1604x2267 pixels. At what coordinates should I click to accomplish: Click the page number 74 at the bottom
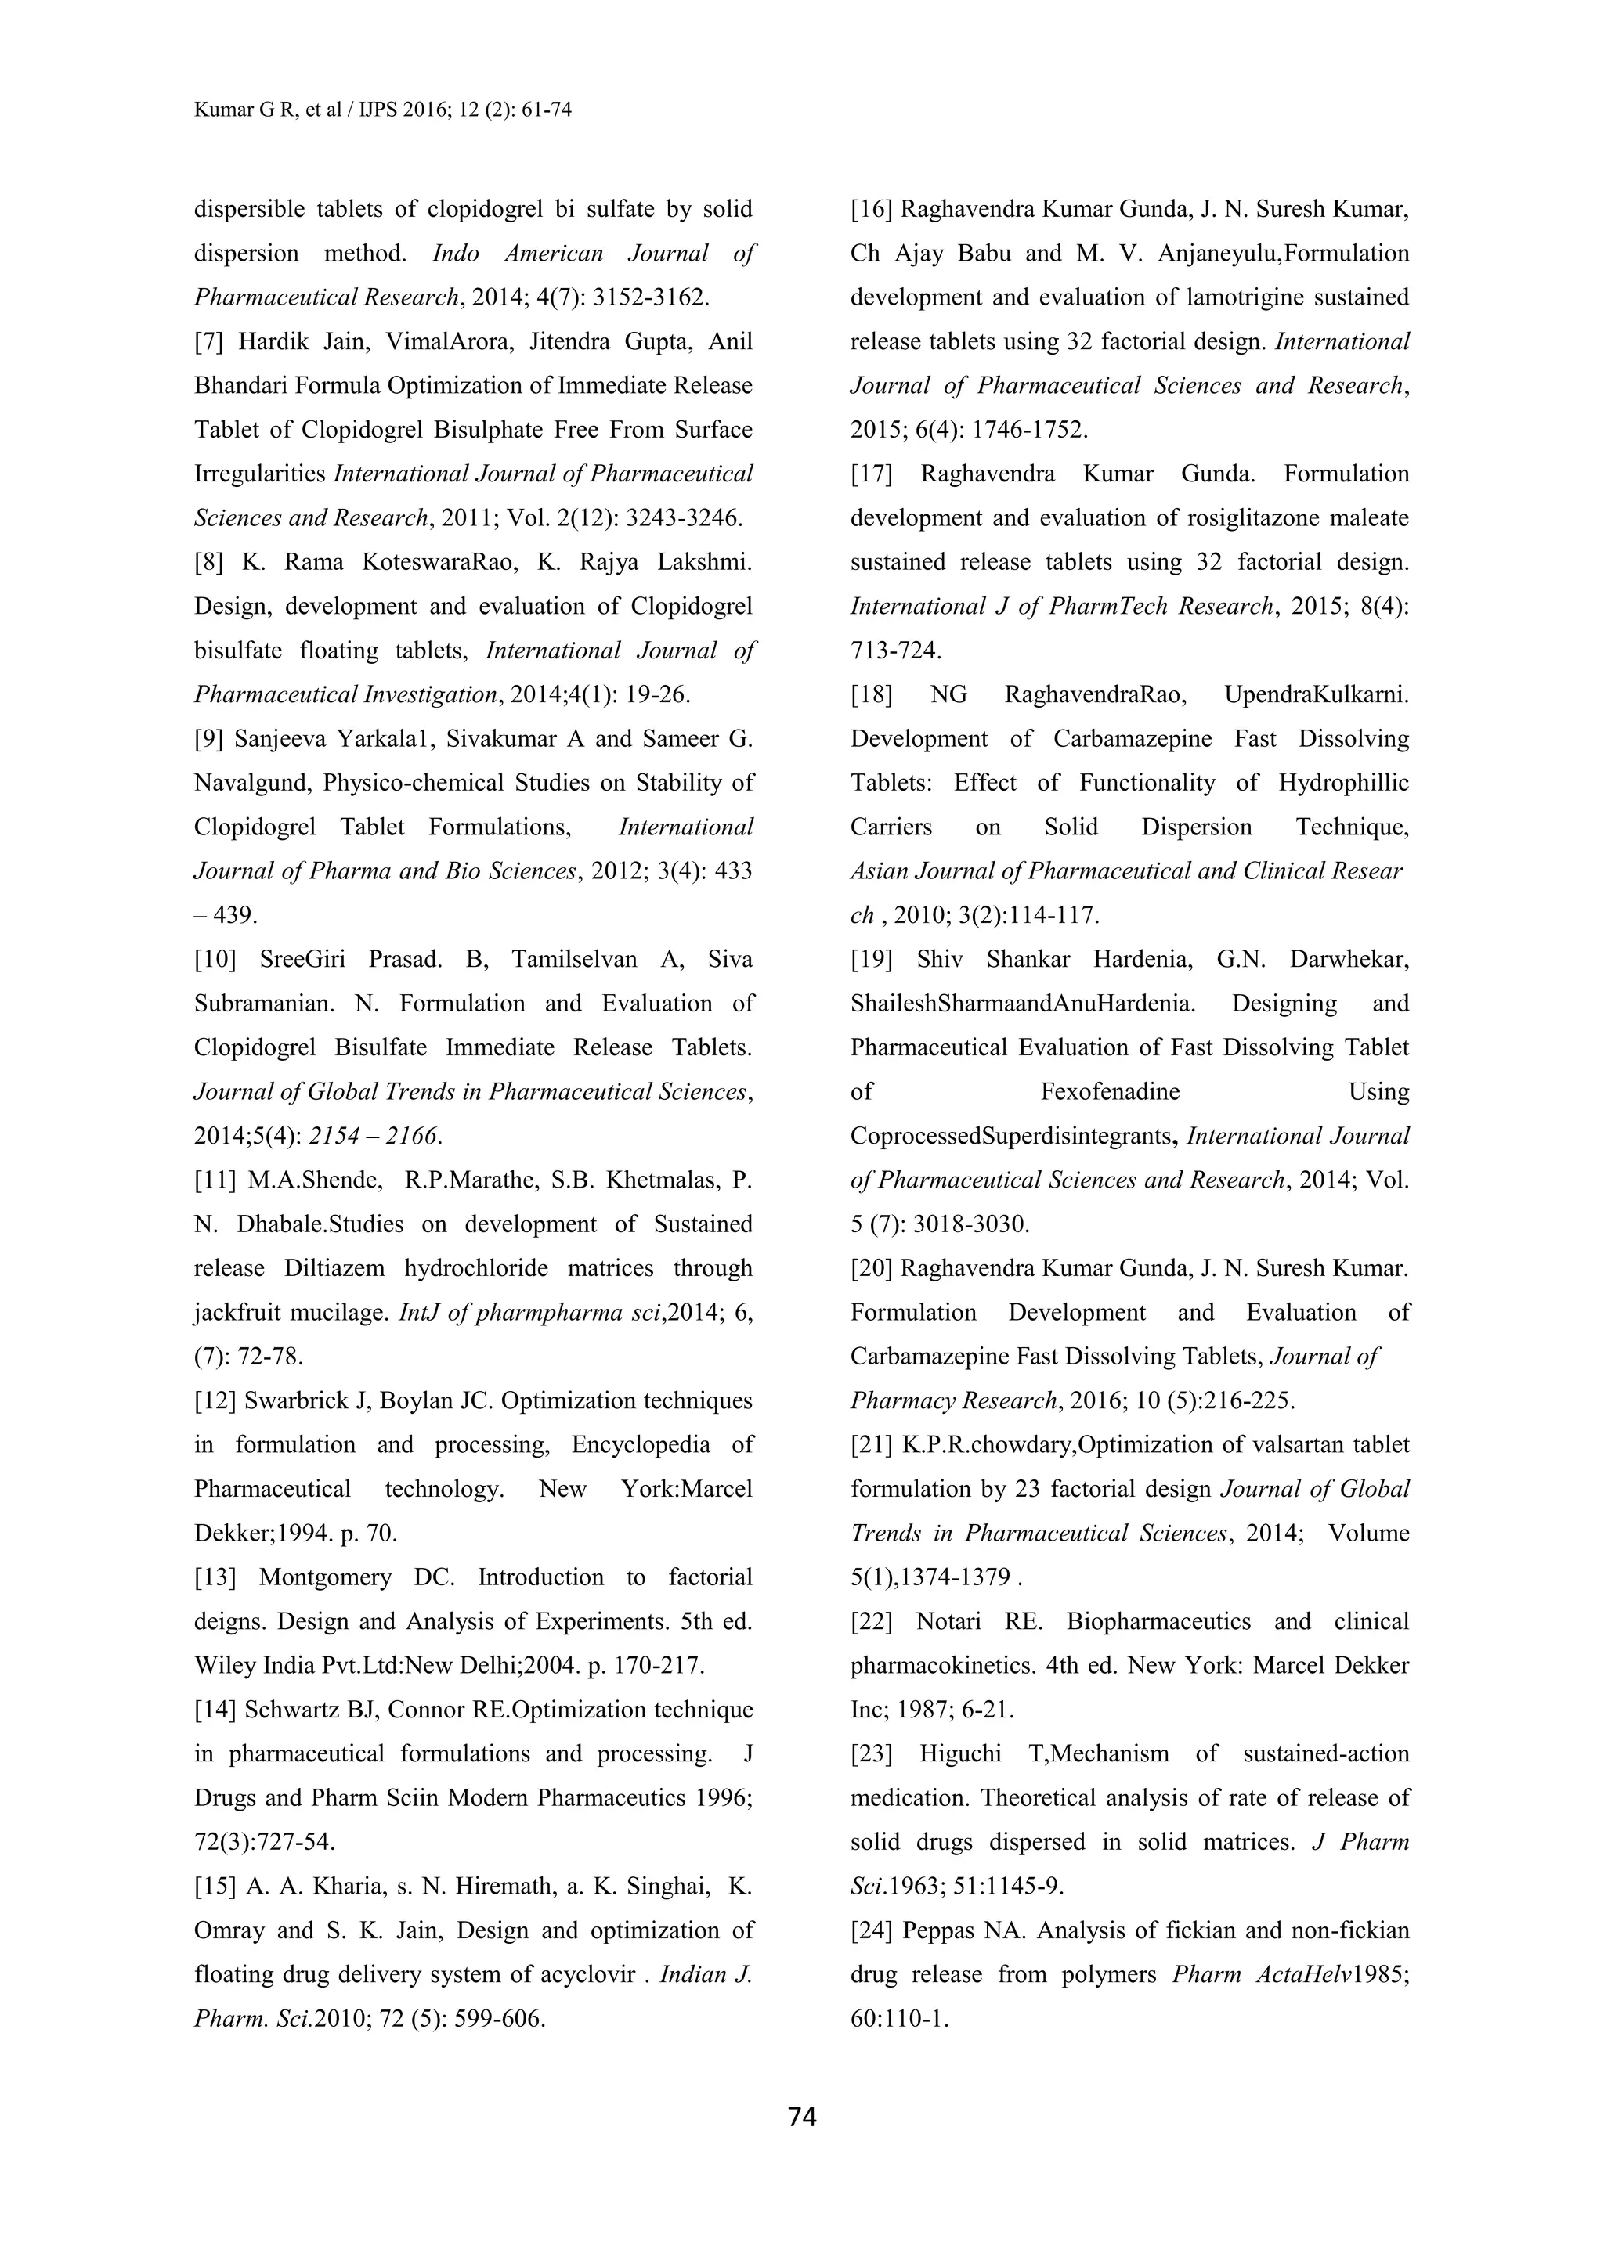802,2117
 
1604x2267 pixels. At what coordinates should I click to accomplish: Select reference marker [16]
872,209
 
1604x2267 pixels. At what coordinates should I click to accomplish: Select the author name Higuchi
960,1753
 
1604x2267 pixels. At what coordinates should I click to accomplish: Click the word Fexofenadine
1110,1091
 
